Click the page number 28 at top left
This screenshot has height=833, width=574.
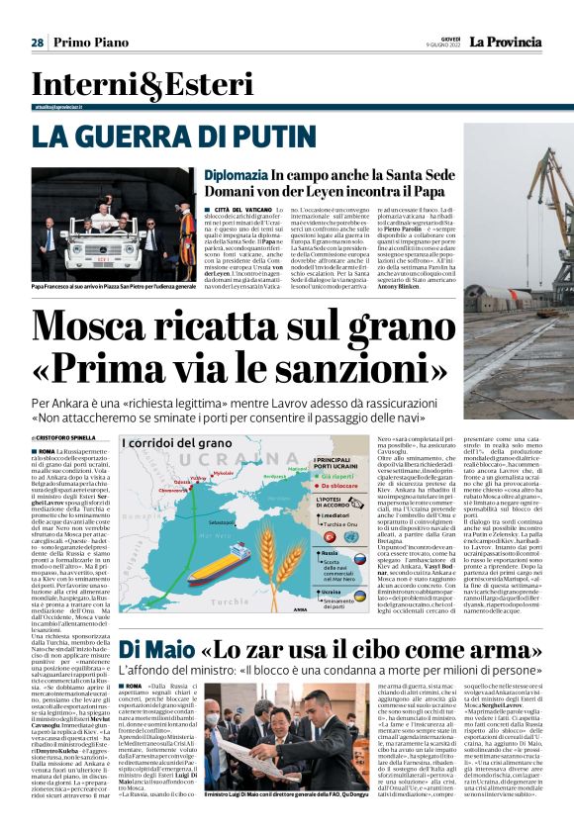[x=37, y=43]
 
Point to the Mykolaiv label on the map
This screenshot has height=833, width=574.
[x=225, y=472]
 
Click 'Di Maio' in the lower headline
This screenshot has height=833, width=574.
[x=156, y=650]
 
